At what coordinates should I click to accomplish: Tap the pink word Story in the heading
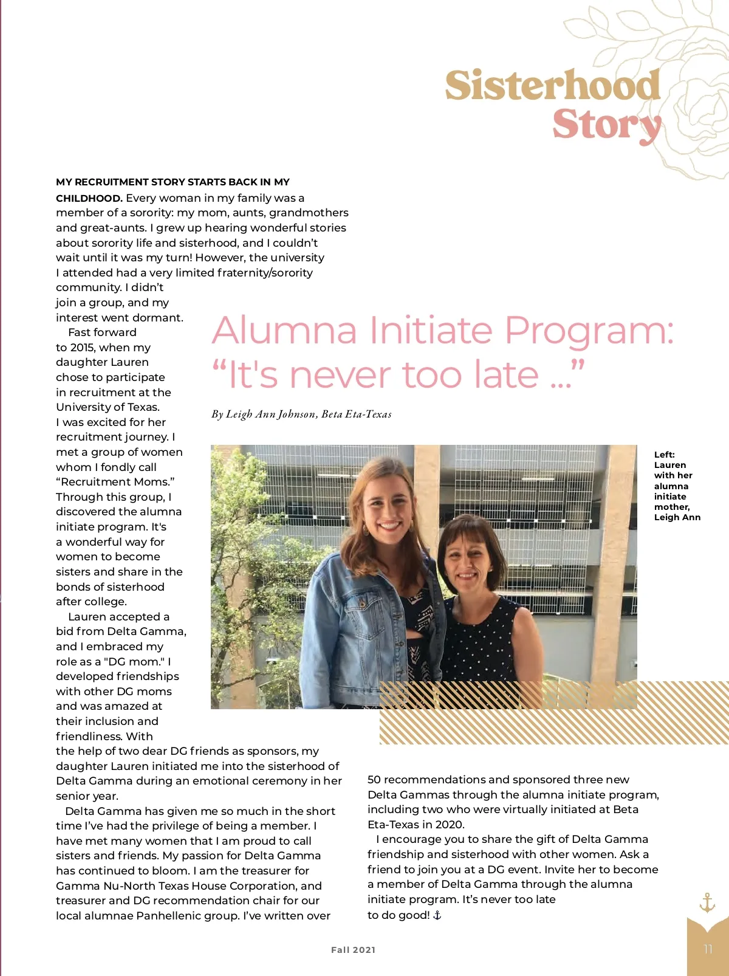(x=606, y=125)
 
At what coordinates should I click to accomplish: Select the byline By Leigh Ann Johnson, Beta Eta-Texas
(x=301, y=414)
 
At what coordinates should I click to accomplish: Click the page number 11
(x=708, y=949)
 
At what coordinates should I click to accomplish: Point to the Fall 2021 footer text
(x=353, y=950)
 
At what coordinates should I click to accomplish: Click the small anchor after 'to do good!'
(x=437, y=915)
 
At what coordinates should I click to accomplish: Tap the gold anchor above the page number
(x=707, y=902)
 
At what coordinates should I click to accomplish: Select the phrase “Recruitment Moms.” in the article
(x=115, y=482)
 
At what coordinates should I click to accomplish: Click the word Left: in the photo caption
(x=664, y=455)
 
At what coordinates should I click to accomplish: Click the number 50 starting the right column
(x=374, y=780)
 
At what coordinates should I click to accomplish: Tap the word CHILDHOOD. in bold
(x=89, y=198)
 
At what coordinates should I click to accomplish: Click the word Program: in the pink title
(x=589, y=331)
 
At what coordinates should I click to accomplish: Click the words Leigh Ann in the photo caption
(x=677, y=518)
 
